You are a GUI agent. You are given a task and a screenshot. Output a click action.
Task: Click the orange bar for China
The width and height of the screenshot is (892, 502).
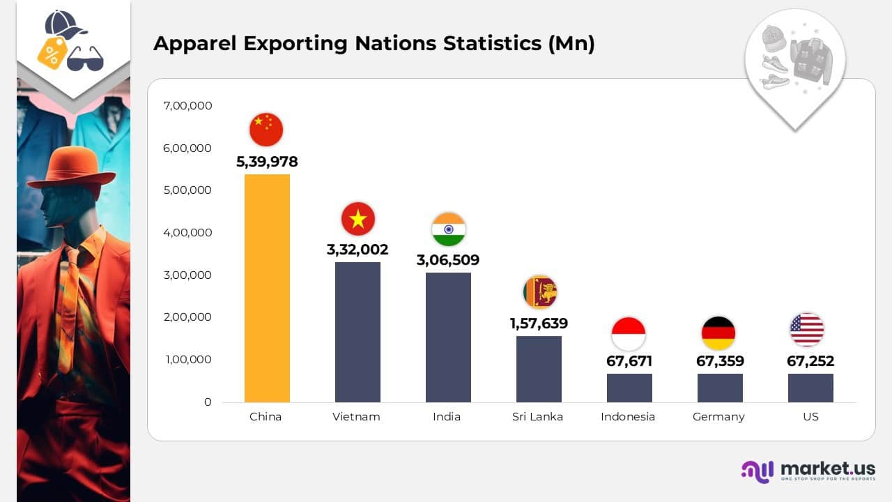[x=267, y=288]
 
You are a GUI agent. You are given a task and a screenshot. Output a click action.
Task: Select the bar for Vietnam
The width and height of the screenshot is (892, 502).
[x=357, y=332]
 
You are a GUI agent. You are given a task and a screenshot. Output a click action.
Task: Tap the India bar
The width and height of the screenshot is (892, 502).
[x=448, y=337]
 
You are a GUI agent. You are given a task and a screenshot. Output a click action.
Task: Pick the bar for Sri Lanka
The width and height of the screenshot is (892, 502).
[x=539, y=369]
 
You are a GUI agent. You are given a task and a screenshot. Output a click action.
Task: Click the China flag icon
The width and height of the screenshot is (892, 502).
[x=266, y=130]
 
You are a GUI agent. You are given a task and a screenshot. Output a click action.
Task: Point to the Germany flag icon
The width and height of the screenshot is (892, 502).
[x=718, y=333]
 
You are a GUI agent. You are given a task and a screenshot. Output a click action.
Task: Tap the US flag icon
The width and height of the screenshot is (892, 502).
[x=807, y=330]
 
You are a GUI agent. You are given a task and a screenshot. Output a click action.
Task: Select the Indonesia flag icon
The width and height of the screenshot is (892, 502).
[x=629, y=333]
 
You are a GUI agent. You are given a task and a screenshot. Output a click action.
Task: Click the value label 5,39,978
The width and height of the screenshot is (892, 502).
[x=267, y=162]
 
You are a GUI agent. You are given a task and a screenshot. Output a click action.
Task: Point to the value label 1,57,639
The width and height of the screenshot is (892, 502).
[x=539, y=324]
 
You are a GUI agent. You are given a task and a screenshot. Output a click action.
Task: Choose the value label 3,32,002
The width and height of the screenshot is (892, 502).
[x=357, y=250]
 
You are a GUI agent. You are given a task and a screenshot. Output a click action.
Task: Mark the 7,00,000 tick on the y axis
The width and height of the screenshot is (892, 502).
[x=187, y=106]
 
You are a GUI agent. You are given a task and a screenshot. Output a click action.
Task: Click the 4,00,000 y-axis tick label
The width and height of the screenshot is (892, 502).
[x=187, y=233]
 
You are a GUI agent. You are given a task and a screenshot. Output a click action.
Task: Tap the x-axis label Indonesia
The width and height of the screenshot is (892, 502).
[x=628, y=417]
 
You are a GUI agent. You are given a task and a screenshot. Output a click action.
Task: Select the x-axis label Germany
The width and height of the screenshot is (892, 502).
[x=718, y=417]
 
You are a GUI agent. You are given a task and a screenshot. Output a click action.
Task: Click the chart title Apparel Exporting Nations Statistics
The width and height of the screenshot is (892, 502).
[x=374, y=43]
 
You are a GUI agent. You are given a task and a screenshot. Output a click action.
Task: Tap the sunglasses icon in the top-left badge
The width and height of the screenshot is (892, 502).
[x=85, y=59]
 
